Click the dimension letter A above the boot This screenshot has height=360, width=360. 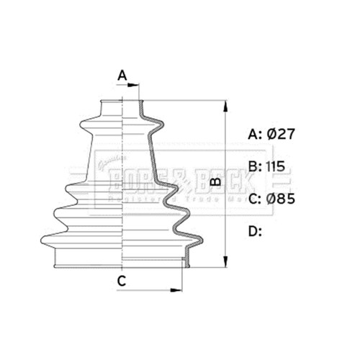tap(122, 75)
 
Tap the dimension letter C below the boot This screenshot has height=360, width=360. tap(122, 282)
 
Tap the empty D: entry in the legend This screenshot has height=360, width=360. tap(255, 230)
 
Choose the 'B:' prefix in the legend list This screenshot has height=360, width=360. tap(254, 166)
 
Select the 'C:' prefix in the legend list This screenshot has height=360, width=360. tap(255, 198)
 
